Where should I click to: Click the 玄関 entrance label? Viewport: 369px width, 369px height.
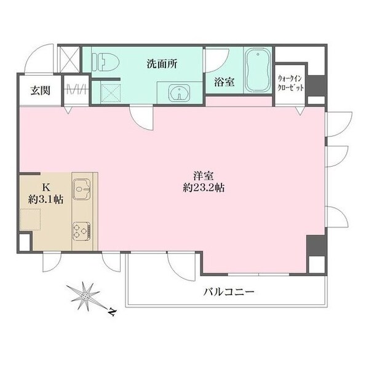[41, 90]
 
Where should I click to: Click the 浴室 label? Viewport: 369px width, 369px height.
[224, 83]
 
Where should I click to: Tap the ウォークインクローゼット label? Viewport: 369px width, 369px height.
[290, 83]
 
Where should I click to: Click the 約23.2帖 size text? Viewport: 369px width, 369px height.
[202, 188]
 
